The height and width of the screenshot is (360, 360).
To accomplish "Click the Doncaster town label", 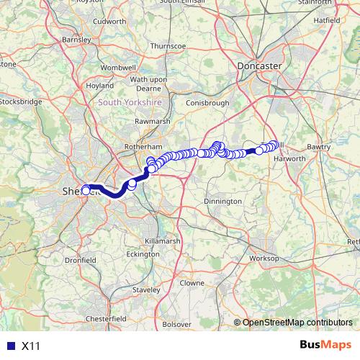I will click(259, 65).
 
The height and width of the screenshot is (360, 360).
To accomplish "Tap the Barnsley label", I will click(77, 40).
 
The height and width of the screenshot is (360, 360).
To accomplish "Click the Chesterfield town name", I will click(106, 318).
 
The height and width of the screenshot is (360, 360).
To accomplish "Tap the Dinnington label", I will click(222, 201).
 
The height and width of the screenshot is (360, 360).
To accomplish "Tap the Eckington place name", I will click(142, 254).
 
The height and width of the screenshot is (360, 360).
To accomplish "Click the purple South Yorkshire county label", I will click(130, 103).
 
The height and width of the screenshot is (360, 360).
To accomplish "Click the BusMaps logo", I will click(326, 345).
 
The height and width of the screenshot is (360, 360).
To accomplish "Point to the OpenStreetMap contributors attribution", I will click(297, 322).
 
